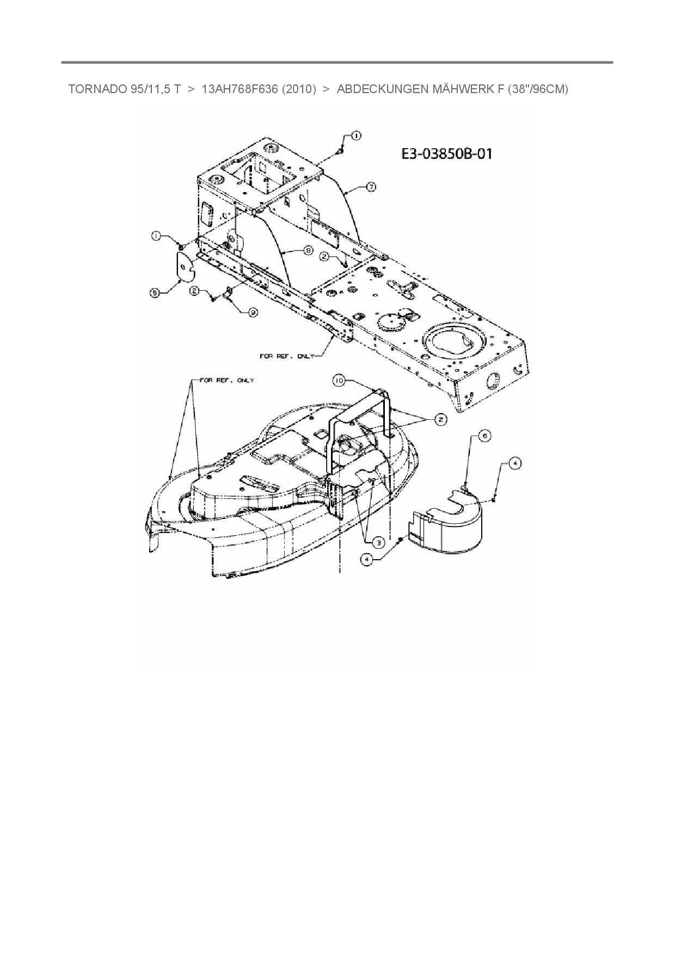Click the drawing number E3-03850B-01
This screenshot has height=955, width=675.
coord(446,154)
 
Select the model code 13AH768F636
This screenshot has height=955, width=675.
coord(240,89)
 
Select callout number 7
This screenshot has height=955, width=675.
coord(371,187)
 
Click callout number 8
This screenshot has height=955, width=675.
coord(308,250)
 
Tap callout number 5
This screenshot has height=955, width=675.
coord(155,292)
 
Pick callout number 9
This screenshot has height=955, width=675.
coord(253,312)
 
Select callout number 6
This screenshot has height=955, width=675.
coord(484,435)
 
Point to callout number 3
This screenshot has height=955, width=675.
coord(376,541)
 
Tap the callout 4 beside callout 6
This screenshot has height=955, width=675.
coord(514,463)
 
